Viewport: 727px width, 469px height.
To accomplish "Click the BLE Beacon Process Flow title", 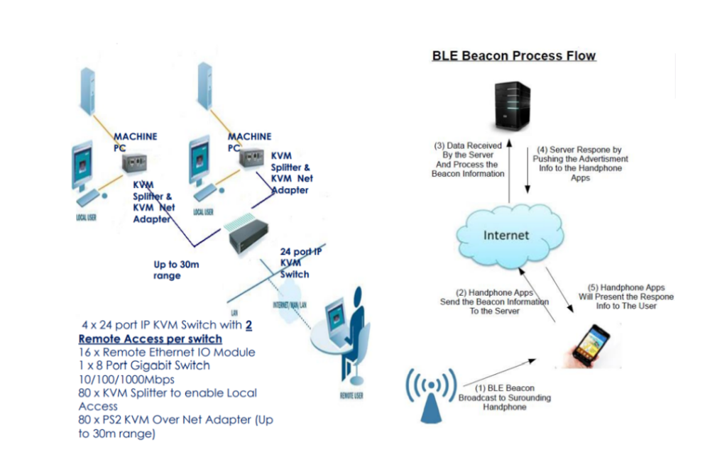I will (513, 55).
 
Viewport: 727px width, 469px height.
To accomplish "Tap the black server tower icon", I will (513, 106).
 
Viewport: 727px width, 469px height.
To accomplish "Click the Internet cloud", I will (505, 235).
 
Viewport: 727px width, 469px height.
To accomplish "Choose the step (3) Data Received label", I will (468, 160).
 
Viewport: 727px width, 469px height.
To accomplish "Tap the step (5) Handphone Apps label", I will (625, 297).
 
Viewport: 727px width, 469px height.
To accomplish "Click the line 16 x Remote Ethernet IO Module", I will (166, 352).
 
